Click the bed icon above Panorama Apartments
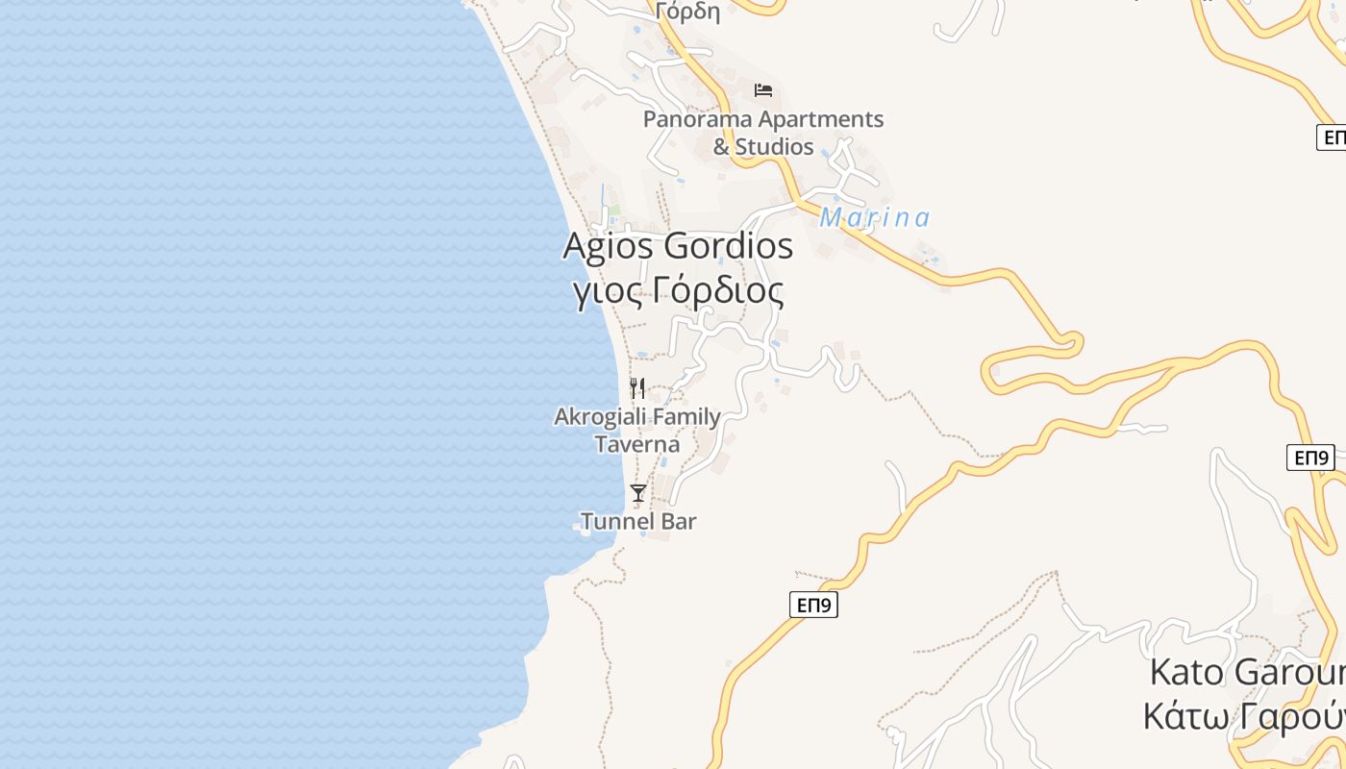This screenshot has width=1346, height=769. click(763, 90)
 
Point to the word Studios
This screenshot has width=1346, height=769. click(775, 147)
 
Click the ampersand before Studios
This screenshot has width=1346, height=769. click(721, 147)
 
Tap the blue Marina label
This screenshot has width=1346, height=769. click(875, 218)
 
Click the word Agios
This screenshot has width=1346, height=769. click(609, 246)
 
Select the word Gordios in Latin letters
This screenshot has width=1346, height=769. click(730, 246)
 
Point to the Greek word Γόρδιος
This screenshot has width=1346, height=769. click(717, 289)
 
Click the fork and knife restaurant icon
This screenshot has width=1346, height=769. click(637, 388)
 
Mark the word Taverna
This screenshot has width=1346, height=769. click(636, 444)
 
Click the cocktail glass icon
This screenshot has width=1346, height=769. click(637, 493)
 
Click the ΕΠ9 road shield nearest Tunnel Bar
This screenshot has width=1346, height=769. click(813, 605)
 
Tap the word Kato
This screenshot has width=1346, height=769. click(1187, 672)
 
